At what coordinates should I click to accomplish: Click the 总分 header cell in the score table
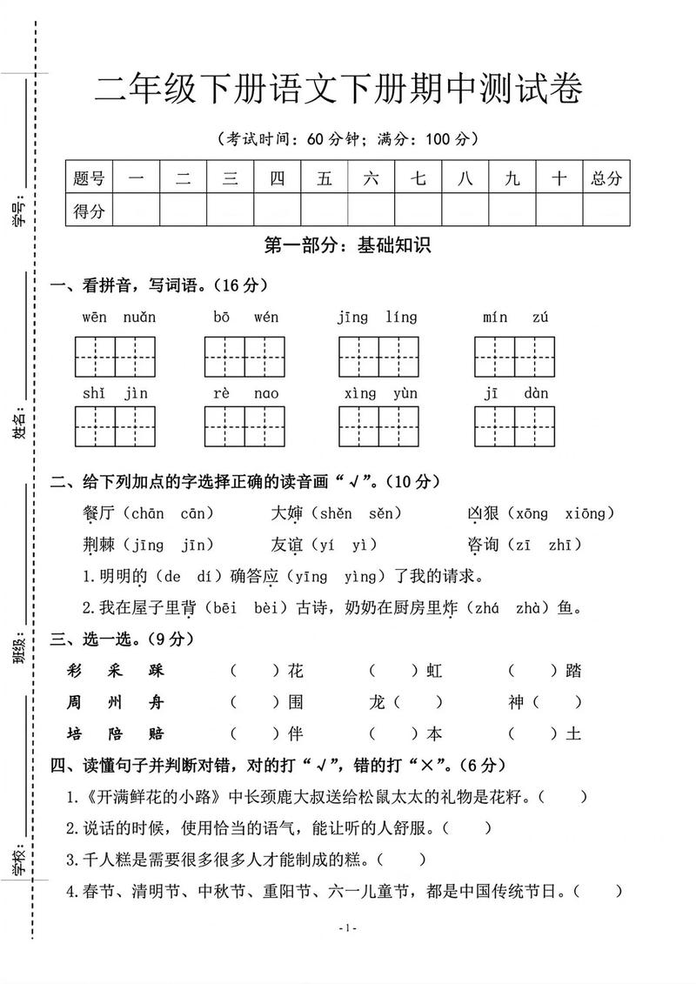606,178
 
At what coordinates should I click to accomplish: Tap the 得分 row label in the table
89,211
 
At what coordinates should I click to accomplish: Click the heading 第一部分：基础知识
347,246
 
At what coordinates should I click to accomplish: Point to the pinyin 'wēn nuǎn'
118,318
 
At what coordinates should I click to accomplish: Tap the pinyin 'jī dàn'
516,393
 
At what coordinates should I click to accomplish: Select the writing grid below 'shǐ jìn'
116,426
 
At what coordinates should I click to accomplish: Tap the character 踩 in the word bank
156,671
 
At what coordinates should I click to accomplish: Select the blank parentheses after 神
557,702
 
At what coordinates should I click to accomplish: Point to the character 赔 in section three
156,733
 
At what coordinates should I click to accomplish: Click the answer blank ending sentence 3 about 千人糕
402,860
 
